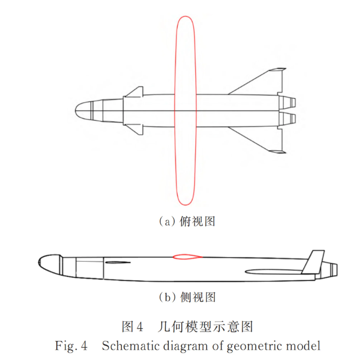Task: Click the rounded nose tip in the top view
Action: pos(77,111)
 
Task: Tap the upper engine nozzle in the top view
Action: pos(290,102)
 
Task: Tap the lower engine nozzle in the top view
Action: pos(290,119)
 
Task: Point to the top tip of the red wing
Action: pos(185,18)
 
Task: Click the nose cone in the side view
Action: pos(48,264)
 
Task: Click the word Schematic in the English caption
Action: pos(126,345)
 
